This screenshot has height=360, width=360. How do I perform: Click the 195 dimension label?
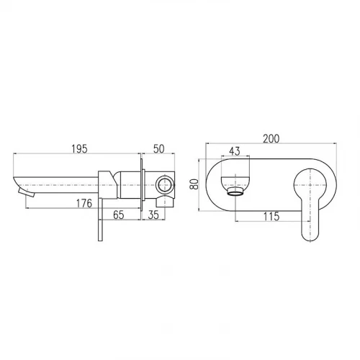[80, 149]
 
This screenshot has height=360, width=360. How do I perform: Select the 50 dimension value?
[159, 149]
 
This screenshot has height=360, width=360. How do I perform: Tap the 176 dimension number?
[84, 203]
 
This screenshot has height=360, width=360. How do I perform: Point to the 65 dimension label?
[119, 215]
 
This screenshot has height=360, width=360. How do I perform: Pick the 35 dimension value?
[153, 215]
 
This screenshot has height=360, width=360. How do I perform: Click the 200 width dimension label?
[271, 139]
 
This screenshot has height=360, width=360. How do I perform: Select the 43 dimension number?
[235, 151]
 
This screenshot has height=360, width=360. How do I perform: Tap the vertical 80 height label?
[194, 184]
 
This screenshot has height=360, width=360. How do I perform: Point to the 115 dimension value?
[271, 217]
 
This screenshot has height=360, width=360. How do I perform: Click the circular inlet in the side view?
[165, 184]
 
